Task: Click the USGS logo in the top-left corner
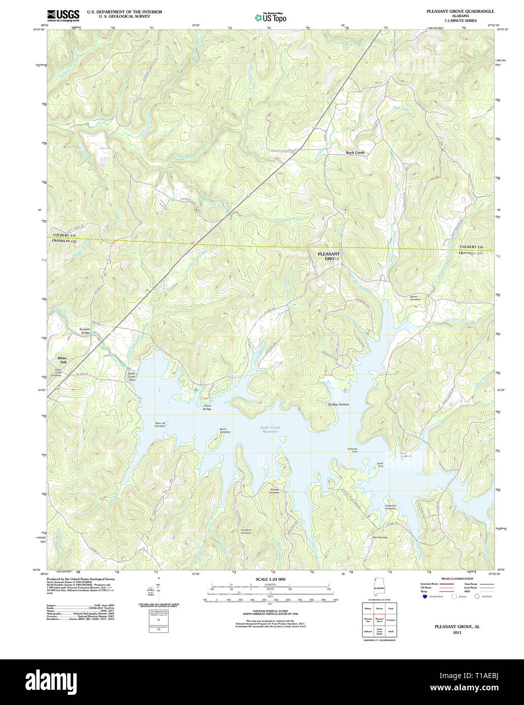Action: pos(63,16)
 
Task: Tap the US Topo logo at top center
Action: pos(271,18)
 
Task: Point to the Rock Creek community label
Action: pos(355,153)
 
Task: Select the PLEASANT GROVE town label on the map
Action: pos(329,256)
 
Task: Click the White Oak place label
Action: pos(62,360)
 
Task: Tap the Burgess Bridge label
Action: pos(85,331)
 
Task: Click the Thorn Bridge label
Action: pos(207,407)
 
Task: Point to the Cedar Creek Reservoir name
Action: pos(270,429)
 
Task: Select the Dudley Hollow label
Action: pos(339,404)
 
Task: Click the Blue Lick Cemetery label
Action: pos(160,425)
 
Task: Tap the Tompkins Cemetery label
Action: pos(246,532)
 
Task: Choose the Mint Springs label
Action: pos(380,537)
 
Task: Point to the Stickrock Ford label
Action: pos(353,450)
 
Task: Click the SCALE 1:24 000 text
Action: pos(270,579)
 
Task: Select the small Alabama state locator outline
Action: pos(379,589)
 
